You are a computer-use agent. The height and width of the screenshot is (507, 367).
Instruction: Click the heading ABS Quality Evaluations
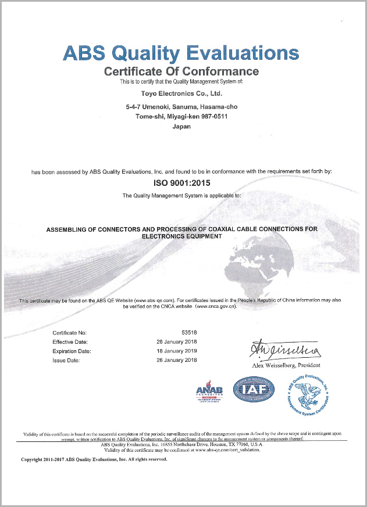pos(181,53)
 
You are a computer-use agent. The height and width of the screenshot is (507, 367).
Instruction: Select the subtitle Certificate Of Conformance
pos(181,71)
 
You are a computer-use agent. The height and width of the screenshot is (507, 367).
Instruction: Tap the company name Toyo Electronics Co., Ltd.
pos(181,93)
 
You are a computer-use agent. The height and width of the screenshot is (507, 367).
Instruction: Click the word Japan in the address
pos(181,126)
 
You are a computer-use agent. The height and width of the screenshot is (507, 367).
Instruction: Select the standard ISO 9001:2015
pos(181,182)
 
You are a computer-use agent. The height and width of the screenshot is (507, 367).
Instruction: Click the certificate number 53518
pos(188,333)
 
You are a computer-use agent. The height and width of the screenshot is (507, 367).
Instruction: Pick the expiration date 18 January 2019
pos(177,351)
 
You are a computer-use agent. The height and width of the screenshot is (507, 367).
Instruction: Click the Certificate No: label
pos(70,333)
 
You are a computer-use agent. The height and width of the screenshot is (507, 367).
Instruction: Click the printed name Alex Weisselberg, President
pos(286,365)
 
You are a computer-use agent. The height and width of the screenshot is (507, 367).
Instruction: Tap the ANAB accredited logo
pos(209,391)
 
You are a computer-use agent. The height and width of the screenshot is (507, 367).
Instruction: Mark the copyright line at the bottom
pos(94,459)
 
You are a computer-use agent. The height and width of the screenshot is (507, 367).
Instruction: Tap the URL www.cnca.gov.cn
pos(216,306)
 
